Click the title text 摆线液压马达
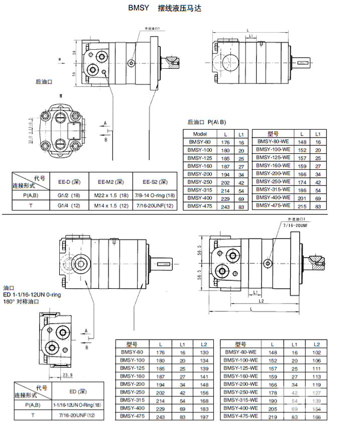[x=179, y=9]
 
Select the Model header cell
[x=200, y=134]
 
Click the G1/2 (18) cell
[x=69, y=195]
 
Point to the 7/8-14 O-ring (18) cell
[x=155, y=195]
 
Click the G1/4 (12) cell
[x=69, y=205]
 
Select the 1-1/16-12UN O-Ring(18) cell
[x=77, y=404]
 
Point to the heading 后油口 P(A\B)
[x=207, y=122]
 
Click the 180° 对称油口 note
[x=21, y=302]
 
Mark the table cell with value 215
[x=302, y=205]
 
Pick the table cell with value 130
[x=203, y=352]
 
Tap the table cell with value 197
[x=203, y=416]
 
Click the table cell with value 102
[x=316, y=352]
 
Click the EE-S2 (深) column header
[x=155, y=182]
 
